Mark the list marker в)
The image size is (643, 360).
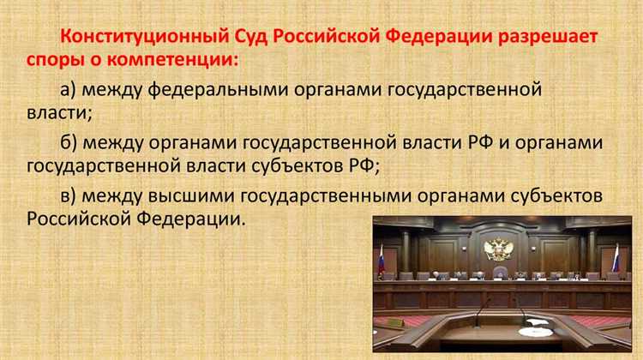point(72,195)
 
